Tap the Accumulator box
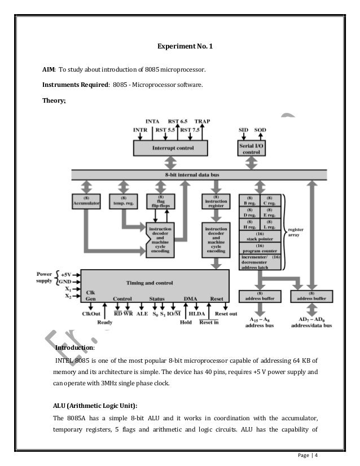(x=86, y=201)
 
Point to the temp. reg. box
(x=121, y=201)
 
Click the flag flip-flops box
(x=156, y=201)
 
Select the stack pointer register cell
(x=261, y=238)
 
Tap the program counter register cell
(x=261, y=249)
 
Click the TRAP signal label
(x=201, y=121)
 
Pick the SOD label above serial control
(x=260, y=129)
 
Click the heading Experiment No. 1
(x=180, y=47)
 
